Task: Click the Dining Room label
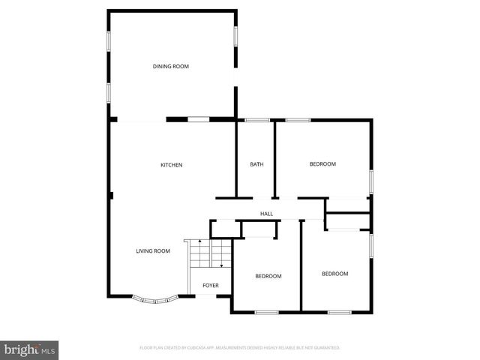pos(171,67)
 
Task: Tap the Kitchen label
pos(172,165)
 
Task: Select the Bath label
pos(256,164)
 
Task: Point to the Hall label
pos(266,214)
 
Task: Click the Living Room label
pos(153,251)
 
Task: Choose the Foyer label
pos(211,286)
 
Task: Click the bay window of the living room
pos(156,299)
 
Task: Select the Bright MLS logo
pos(29,349)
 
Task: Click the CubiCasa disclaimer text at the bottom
pos(240,348)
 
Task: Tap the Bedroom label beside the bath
pos(322,164)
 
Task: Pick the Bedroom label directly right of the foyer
pos(268,276)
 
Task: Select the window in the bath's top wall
pos(257,120)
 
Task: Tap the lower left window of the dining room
pos(109,93)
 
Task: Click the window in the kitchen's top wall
pos(198,119)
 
